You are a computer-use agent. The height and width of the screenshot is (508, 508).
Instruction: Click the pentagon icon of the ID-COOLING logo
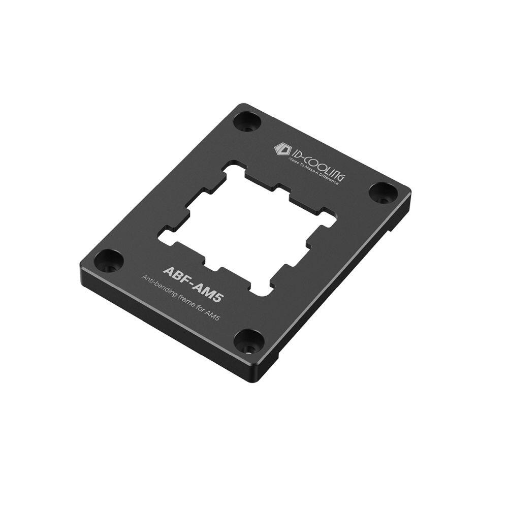tap(280, 149)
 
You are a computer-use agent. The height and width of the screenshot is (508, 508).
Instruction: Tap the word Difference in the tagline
tap(330, 179)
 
